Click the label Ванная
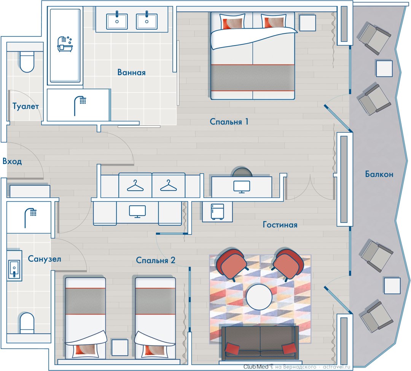(x=131, y=72)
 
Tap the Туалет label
(x=26, y=106)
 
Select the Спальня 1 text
(x=229, y=122)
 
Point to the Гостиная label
(x=280, y=225)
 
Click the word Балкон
(x=379, y=174)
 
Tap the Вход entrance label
(x=12, y=161)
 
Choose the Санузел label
(x=44, y=259)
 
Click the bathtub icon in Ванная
(x=65, y=44)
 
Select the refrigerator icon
(x=217, y=212)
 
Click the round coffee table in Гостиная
(x=259, y=297)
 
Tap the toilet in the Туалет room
(x=27, y=62)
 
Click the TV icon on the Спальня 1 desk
(x=242, y=187)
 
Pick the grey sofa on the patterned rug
(x=260, y=342)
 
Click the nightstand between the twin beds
(x=120, y=347)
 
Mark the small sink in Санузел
(x=14, y=268)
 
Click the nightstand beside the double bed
(x=307, y=23)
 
